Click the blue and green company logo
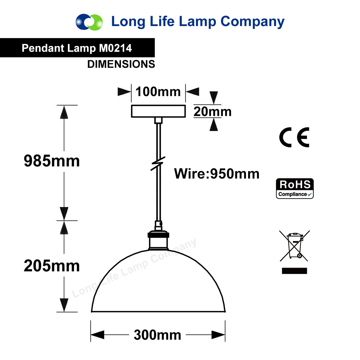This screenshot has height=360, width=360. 89,22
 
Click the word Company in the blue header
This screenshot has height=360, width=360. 252,22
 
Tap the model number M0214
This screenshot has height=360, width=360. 115,48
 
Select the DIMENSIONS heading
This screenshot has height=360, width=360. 121,64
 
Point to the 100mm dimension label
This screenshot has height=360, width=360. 158,92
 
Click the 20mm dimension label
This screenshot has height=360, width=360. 212,112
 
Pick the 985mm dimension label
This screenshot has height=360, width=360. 52,161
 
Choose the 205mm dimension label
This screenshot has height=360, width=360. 52,266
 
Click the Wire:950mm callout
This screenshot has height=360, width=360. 217,174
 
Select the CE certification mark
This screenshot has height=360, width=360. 294,137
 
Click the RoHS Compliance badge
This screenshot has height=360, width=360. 295,188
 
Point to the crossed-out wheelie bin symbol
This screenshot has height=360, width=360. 294,246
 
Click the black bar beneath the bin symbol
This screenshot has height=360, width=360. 294,271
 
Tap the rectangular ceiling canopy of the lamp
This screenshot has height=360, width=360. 158,111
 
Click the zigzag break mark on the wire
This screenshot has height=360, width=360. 158,163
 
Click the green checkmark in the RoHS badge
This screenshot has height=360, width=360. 309,194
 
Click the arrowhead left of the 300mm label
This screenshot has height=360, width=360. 97,334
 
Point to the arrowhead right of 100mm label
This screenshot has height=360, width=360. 192,92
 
